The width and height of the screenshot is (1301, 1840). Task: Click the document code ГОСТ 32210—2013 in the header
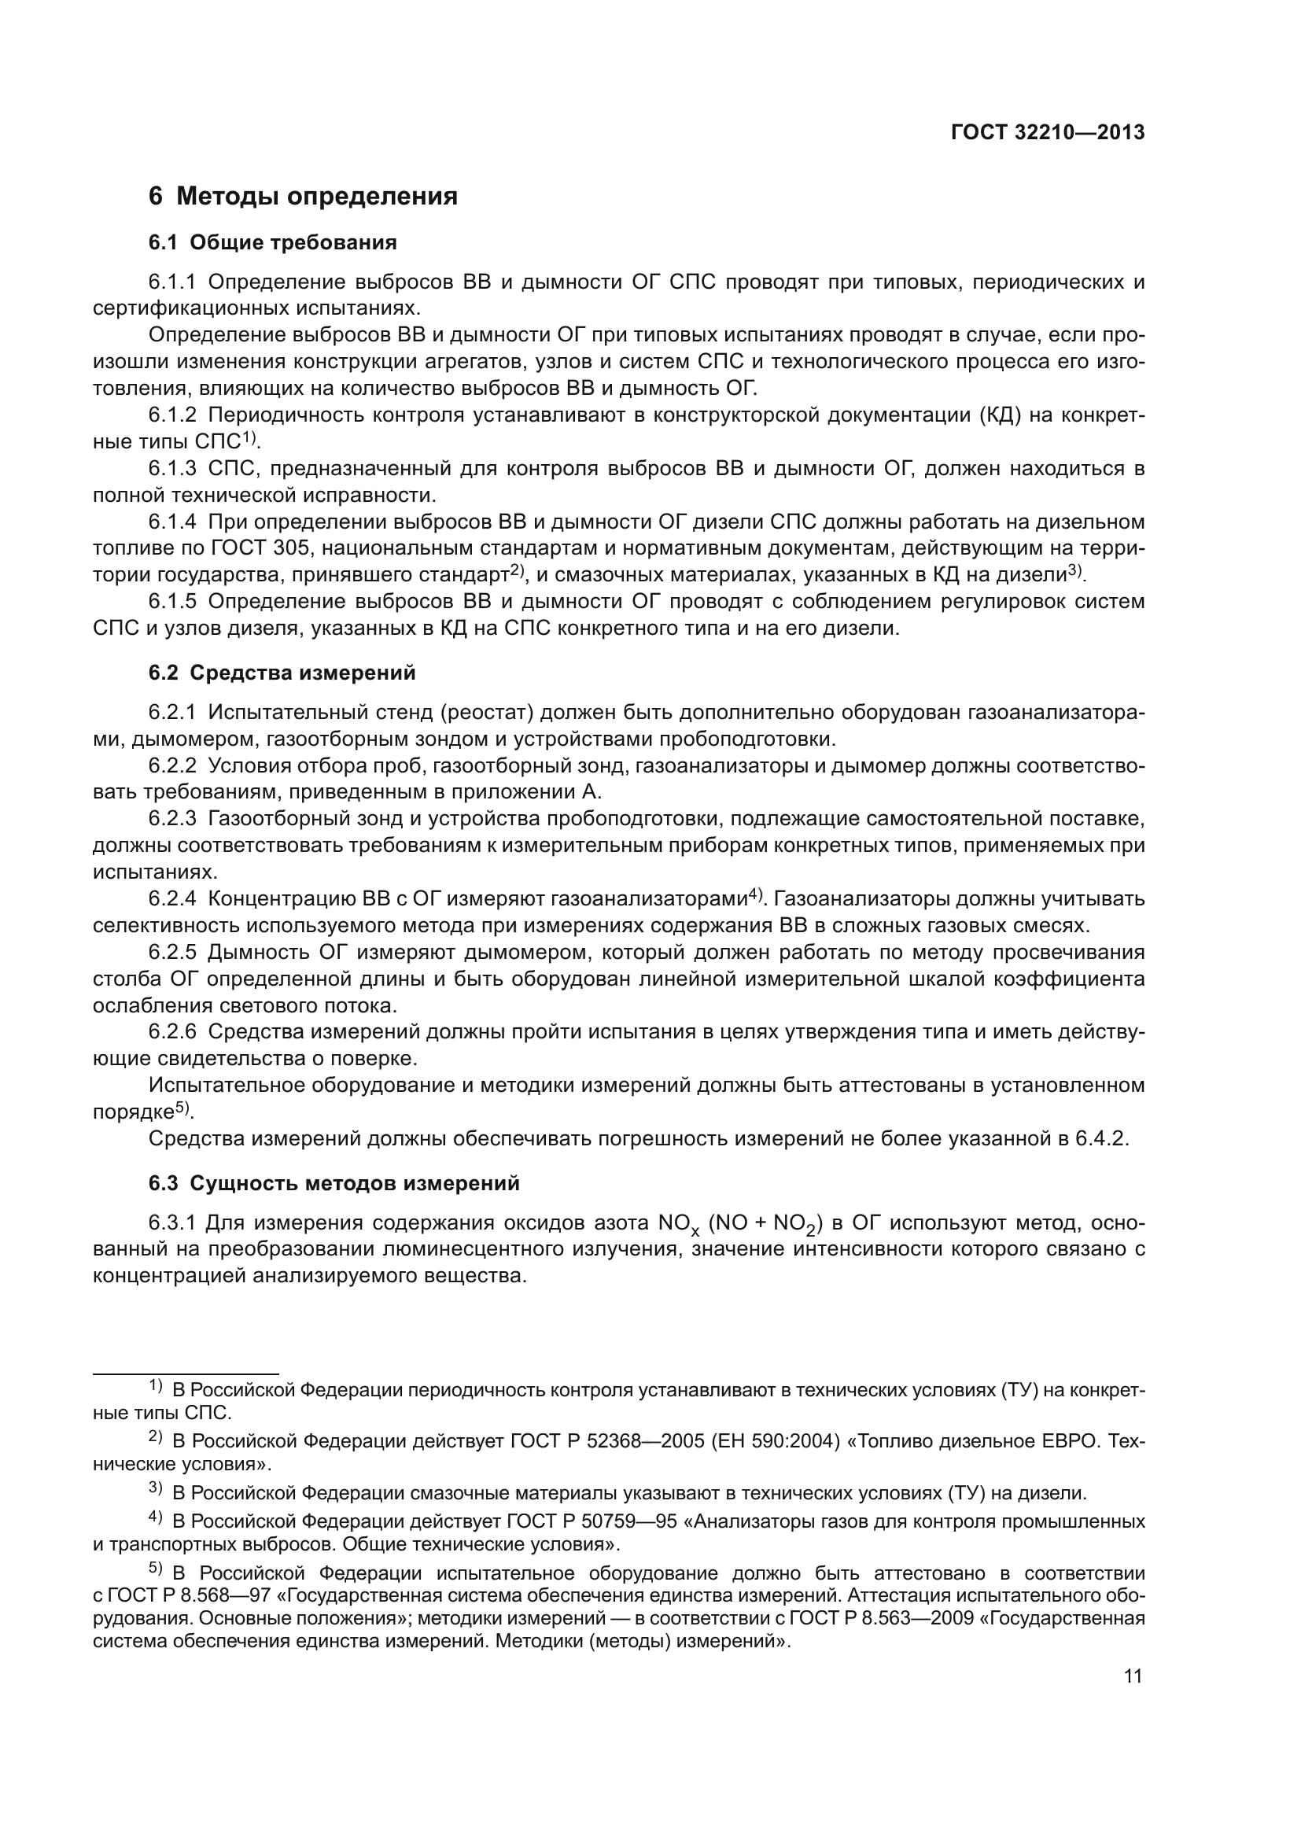[1048, 133]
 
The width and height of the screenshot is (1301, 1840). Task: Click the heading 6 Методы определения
[303, 197]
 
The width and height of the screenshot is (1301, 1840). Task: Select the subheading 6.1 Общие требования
[272, 243]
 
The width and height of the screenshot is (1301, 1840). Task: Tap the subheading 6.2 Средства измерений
[282, 673]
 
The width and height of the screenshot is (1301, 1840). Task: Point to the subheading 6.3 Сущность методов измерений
[334, 1184]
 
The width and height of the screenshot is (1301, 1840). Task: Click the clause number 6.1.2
[172, 415]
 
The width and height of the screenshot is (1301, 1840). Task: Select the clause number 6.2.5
[172, 953]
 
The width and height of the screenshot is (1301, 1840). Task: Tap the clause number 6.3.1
[172, 1223]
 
